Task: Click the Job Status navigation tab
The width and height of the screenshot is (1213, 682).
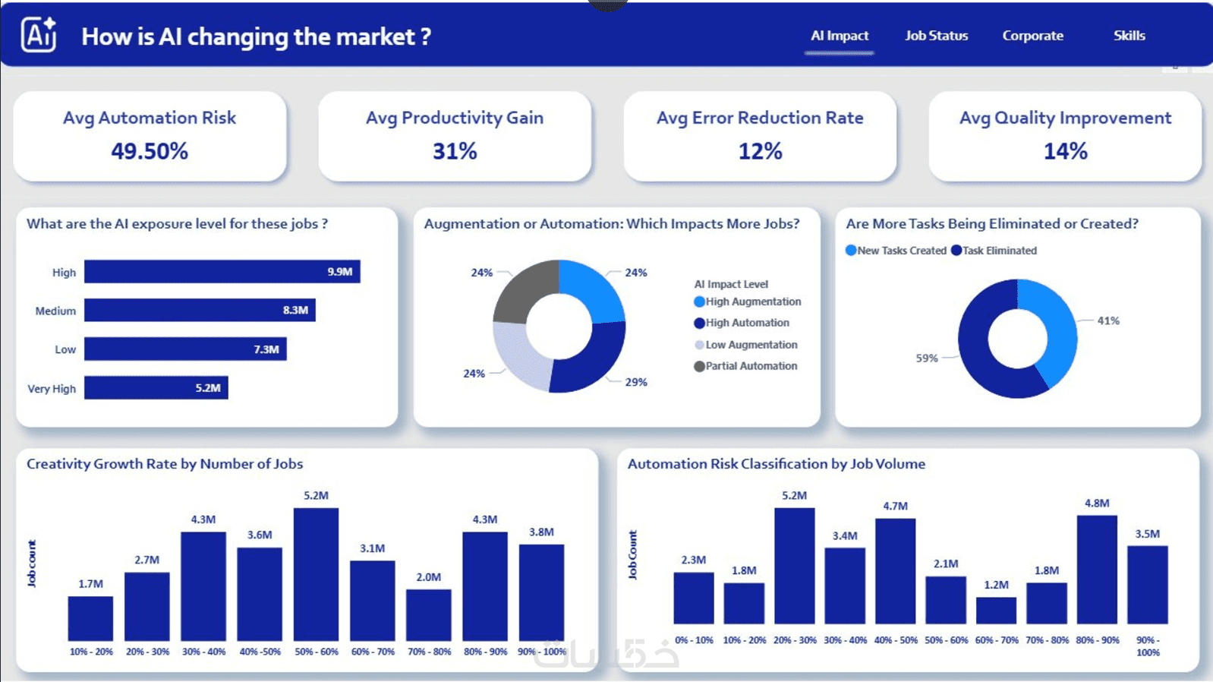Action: click(936, 36)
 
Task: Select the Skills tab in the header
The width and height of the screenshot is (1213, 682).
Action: click(1129, 36)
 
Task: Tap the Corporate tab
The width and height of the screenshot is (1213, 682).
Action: click(1032, 36)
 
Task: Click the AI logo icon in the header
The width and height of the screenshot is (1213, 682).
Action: click(39, 34)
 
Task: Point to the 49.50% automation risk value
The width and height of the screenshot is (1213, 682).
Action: click(150, 150)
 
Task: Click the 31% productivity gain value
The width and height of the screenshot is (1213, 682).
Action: click(455, 150)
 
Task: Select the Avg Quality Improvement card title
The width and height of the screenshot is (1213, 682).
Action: click(1065, 118)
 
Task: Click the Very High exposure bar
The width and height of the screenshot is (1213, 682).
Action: click(156, 388)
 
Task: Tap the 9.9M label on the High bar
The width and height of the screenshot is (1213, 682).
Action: click(339, 271)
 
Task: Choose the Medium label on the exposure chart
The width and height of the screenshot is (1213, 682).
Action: click(55, 311)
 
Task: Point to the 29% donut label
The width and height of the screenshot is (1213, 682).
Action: click(636, 382)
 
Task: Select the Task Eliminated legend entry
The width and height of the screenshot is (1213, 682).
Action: click(994, 251)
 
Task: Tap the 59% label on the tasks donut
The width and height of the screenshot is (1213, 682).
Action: click(927, 358)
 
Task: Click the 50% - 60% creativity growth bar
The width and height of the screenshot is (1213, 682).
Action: click(317, 574)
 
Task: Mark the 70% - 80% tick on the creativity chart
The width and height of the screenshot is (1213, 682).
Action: click(429, 652)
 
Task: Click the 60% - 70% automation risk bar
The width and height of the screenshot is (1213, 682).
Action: click(997, 611)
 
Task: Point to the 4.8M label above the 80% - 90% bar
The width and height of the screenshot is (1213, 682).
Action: click(1097, 504)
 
